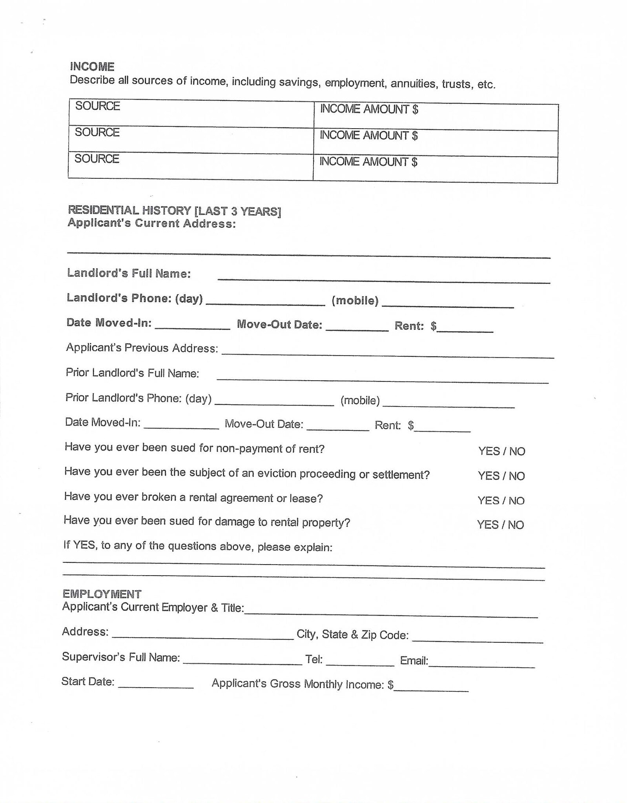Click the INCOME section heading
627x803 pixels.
click(92, 67)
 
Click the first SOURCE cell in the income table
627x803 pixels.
click(191, 114)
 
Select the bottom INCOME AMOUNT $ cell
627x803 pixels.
click(435, 170)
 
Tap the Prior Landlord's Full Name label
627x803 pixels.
click(132, 373)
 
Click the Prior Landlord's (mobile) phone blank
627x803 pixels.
click(448, 403)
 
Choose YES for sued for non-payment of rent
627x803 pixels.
click(488, 451)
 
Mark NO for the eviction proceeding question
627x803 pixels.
click(517, 476)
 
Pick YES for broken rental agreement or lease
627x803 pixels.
click(488, 501)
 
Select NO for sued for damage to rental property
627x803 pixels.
click(516, 525)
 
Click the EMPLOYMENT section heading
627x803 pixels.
click(102, 594)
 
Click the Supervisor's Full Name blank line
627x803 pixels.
click(242, 659)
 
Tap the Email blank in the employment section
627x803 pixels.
click(481, 663)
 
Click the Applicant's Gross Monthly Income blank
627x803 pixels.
click(431, 687)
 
